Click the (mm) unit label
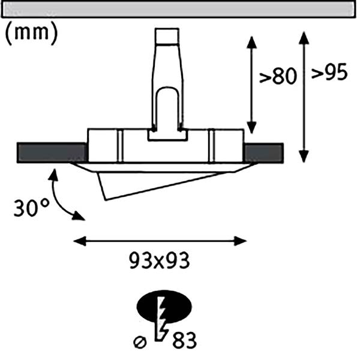(x=31, y=33)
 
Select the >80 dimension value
(x=278, y=78)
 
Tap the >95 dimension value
(x=329, y=73)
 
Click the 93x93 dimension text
(x=160, y=262)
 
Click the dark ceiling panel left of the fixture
(x=52, y=152)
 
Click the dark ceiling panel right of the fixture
(x=264, y=152)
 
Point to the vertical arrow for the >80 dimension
(x=252, y=84)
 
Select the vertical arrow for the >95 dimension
(x=304, y=96)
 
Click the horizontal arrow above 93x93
(x=160, y=241)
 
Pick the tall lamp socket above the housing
(x=166, y=84)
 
